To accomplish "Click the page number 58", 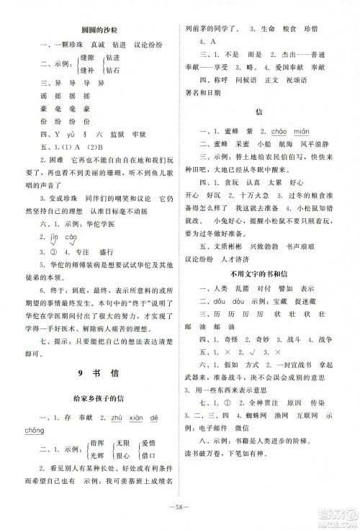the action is click(x=180, y=506).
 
